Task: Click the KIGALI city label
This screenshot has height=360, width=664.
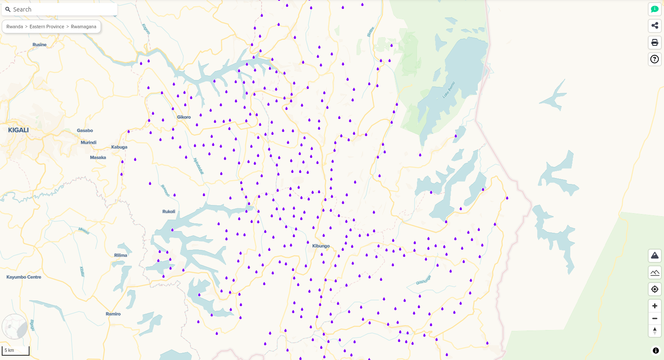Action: pyautogui.click(x=18, y=130)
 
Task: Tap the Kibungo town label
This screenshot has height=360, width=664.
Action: pyautogui.click(x=321, y=246)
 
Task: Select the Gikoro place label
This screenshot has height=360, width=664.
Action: pyautogui.click(x=184, y=117)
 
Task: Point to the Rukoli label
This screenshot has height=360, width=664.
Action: pyautogui.click(x=169, y=211)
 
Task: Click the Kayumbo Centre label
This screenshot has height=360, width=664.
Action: pyautogui.click(x=24, y=277)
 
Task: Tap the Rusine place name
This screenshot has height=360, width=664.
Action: pyautogui.click(x=39, y=45)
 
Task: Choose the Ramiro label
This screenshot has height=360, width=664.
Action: pyautogui.click(x=113, y=314)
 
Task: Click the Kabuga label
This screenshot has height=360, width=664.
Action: pyautogui.click(x=119, y=147)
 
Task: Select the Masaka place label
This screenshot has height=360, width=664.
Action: pyautogui.click(x=98, y=158)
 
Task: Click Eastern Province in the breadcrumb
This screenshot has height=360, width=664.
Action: pyautogui.click(x=47, y=27)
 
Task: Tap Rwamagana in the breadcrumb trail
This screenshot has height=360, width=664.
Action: pyautogui.click(x=83, y=27)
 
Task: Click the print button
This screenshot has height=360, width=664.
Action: pyautogui.click(x=655, y=42)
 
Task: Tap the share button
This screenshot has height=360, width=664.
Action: pyautogui.click(x=655, y=26)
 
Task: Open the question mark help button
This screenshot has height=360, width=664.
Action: pyautogui.click(x=655, y=59)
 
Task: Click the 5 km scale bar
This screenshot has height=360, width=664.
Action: pyautogui.click(x=15, y=351)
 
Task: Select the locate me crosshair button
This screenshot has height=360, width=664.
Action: pyautogui.click(x=655, y=289)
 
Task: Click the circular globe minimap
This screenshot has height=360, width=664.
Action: pyautogui.click(x=15, y=327)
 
